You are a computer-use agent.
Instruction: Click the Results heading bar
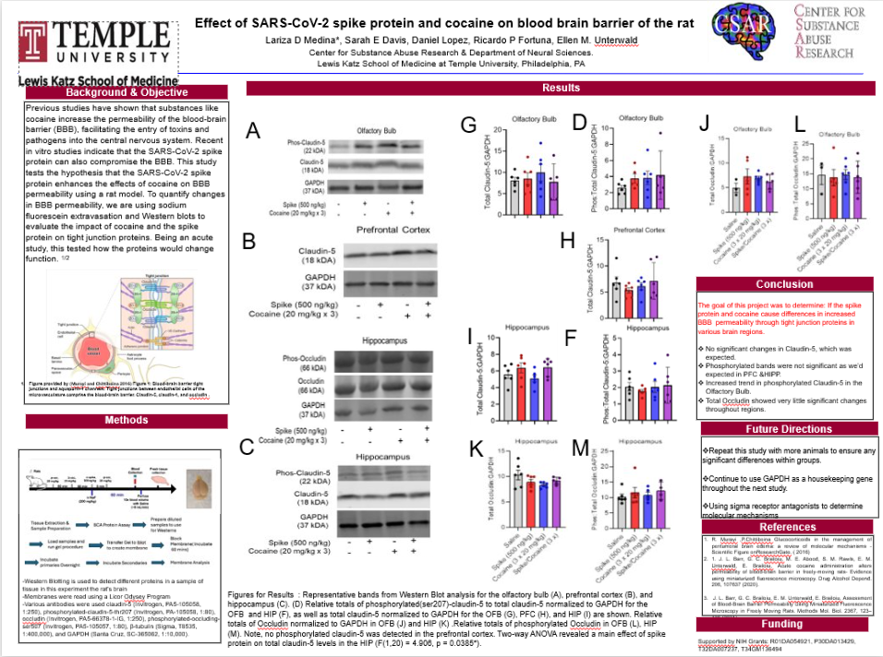coord(562,88)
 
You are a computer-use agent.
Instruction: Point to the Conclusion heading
coord(784,284)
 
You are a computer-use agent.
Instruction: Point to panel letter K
coord(476,448)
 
